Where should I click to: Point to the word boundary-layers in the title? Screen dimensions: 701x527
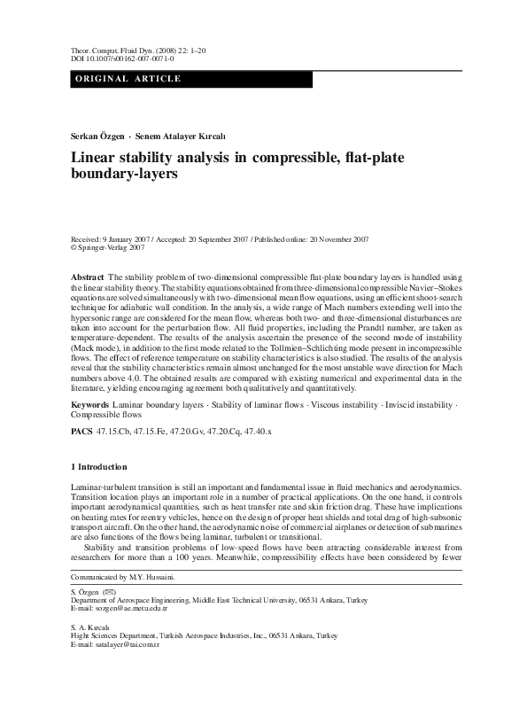tap(124, 175)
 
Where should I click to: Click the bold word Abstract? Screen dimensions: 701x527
tap(87, 277)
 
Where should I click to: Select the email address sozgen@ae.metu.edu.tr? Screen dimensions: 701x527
tap(129, 635)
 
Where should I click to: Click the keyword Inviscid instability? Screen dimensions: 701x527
tap(413, 404)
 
